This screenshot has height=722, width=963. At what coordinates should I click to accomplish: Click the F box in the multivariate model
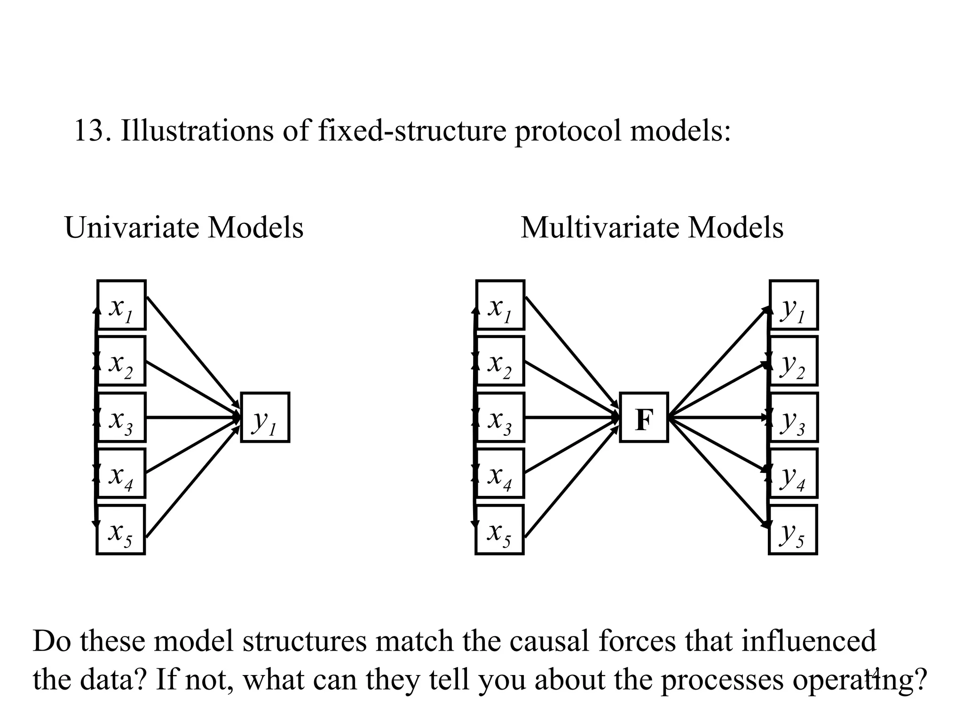pyautogui.click(x=644, y=417)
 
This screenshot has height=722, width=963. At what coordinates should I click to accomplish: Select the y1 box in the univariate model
pyautogui.click(x=265, y=417)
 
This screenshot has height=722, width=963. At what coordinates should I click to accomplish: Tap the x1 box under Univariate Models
pyautogui.click(x=121, y=305)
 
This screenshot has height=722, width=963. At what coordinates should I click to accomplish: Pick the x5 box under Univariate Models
pyautogui.click(x=120, y=530)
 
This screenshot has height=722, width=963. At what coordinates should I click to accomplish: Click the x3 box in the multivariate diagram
pyautogui.click(x=500, y=417)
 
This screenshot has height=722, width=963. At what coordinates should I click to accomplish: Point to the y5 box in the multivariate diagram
pyautogui.click(x=793, y=530)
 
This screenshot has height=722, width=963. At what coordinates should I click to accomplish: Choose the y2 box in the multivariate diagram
pyautogui.click(x=794, y=361)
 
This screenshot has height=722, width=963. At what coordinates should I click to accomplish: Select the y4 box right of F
pyautogui.click(x=794, y=473)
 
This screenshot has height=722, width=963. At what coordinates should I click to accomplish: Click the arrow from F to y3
pyautogui.click(x=717, y=417)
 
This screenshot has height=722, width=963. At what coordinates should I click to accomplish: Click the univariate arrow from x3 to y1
pyautogui.click(x=193, y=417)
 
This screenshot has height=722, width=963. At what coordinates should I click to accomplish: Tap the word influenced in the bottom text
pyautogui.click(x=809, y=641)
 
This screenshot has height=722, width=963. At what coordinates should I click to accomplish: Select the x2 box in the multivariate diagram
pyautogui.click(x=500, y=361)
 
